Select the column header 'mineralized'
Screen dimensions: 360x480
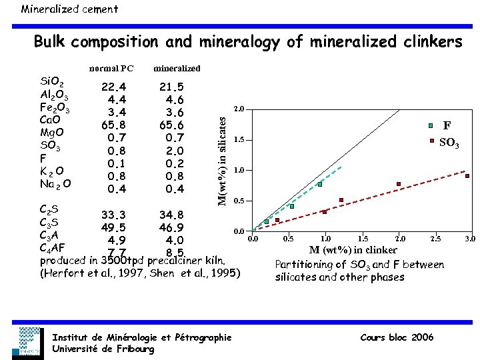coord(177,68)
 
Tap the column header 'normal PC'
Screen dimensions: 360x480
coord(111,68)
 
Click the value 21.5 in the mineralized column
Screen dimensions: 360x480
coord(171,87)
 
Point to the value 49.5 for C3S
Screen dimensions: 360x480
coord(114,227)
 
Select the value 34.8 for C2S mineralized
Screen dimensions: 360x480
coord(171,215)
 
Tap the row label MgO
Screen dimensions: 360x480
coord(52,133)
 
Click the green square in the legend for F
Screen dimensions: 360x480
coord(431,125)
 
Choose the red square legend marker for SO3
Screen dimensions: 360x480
coord(431,141)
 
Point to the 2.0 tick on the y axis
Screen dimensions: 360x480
coord(238,108)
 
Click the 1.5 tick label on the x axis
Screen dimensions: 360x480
coord(362,238)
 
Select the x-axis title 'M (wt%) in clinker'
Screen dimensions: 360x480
coord(353,250)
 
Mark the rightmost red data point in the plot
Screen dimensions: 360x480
coord(467,176)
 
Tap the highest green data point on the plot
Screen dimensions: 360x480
coord(320,184)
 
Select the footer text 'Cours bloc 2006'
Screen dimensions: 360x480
coord(396,337)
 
